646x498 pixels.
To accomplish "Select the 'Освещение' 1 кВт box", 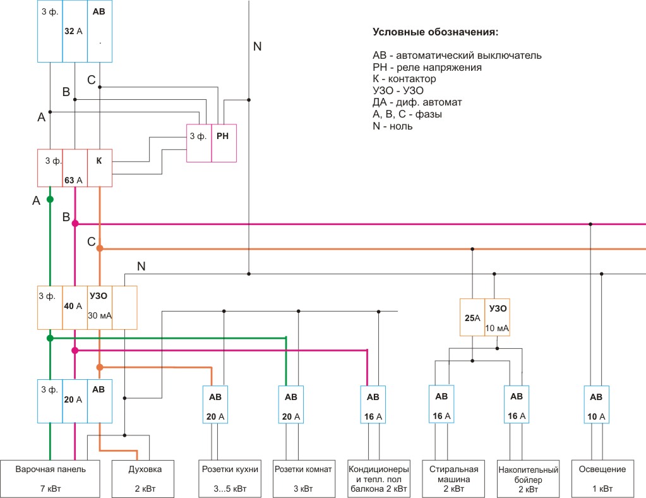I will (602, 478).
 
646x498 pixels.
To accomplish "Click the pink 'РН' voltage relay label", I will (223, 135).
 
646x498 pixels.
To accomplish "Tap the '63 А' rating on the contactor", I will (73, 180).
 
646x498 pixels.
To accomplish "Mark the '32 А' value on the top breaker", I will (73, 30).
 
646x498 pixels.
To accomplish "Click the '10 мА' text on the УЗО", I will (497, 329).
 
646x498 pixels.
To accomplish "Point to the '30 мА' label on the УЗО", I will (99, 315).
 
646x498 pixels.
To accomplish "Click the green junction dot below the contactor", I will (50, 199).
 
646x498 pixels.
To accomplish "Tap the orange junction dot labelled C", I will (100, 248).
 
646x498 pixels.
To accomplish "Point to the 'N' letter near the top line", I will (257, 46).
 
